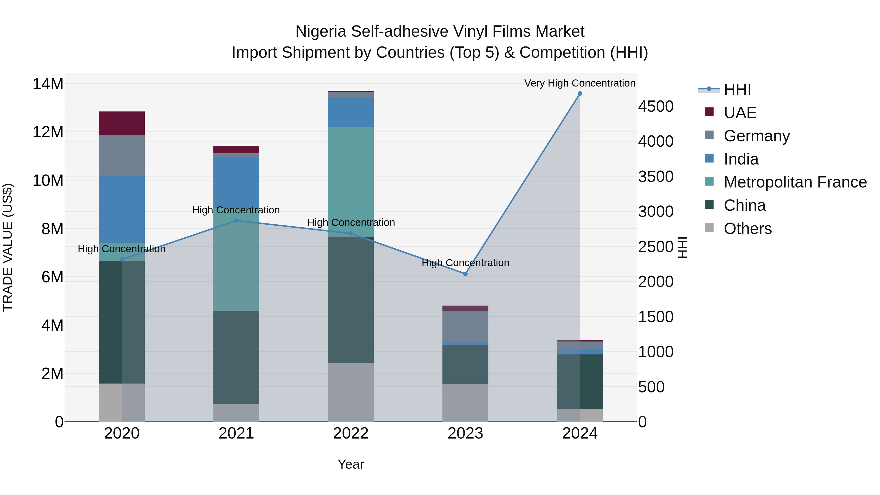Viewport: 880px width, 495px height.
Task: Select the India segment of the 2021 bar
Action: pos(236,181)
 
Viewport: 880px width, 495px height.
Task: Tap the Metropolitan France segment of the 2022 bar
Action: pos(351,181)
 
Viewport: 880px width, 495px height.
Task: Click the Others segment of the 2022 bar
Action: pos(351,392)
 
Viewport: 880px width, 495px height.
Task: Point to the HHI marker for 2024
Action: pos(580,94)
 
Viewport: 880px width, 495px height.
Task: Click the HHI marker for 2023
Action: pos(465,274)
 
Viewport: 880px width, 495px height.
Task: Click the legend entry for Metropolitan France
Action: pos(795,182)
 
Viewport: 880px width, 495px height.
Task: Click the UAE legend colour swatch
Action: pos(709,112)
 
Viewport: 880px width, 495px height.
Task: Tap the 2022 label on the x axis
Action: pos(351,433)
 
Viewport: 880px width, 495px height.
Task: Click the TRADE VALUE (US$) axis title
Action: pos(8,247)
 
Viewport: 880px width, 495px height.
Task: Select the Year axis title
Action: pos(351,464)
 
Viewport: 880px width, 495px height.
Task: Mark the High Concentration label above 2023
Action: pos(465,263)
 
